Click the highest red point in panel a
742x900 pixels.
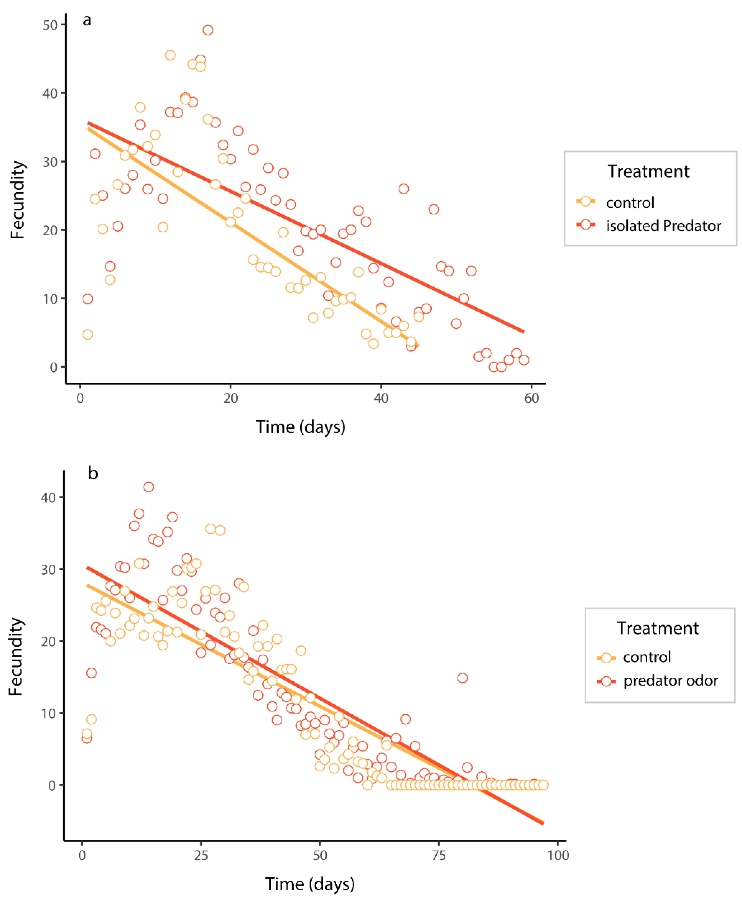[208, 30]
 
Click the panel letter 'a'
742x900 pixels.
[87, 20]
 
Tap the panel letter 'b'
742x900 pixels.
[93, 474]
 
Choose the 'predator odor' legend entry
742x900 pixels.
[670, 681]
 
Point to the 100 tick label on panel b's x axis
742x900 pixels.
[558, 855]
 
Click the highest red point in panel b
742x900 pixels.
[148, 487]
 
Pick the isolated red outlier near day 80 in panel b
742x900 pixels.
[462, 678]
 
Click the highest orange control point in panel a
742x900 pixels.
[170, 55]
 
